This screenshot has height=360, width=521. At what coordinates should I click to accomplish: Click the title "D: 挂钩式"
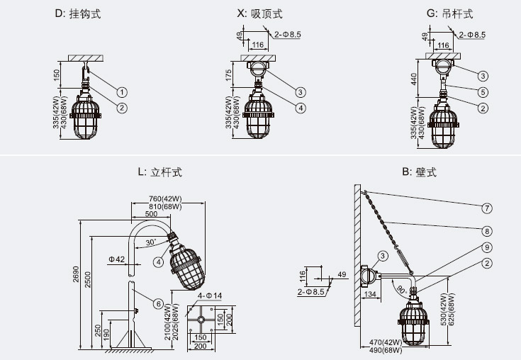pyautogui.click(x=82, y=13)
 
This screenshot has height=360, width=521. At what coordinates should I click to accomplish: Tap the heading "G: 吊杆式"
pyautogui.click(x=449, y=13)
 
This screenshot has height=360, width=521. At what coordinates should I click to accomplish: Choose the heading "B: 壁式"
pyautogui.click(x=418, y=171)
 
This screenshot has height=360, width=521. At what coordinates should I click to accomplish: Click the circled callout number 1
pyautogui.click(x=122, y=92)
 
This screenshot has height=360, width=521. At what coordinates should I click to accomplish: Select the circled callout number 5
pyautogui.click(x=483, y=91)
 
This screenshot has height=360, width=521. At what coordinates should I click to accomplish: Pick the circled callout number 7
pyautogui.click(x=487, y=208)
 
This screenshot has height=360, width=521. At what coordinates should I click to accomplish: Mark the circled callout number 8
pyautogui.click(x=487, y=230)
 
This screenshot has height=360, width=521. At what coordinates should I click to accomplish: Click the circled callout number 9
pyautogui.click(x=487, y=247)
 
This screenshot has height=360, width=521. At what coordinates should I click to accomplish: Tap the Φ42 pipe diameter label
pyautogui.click(x=117, y=259)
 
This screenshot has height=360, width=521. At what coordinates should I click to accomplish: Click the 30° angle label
pyautogui.click(x=150, y=242)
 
